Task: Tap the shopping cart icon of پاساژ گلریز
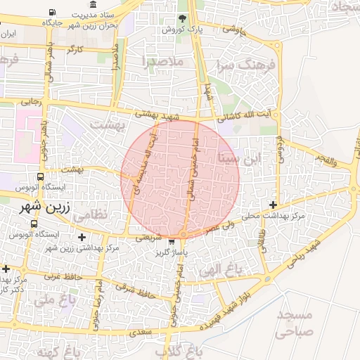click(172, 242)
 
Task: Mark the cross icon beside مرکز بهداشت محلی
click(273, 205)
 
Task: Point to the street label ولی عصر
click(218, 227)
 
